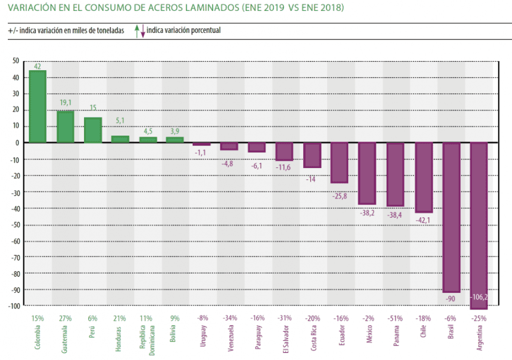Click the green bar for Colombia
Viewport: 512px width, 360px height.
point(38,106)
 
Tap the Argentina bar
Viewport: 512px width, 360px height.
point(479,225)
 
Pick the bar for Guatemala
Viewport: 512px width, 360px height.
point(65,127)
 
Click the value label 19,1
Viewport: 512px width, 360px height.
point(66,103)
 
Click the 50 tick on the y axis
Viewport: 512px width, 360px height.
point(16,61)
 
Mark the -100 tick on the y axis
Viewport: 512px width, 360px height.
point(13,306)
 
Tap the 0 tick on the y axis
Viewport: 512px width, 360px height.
point(17,143)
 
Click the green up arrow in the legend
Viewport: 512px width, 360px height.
point(137,29)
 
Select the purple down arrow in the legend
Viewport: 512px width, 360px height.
point(143,32)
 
